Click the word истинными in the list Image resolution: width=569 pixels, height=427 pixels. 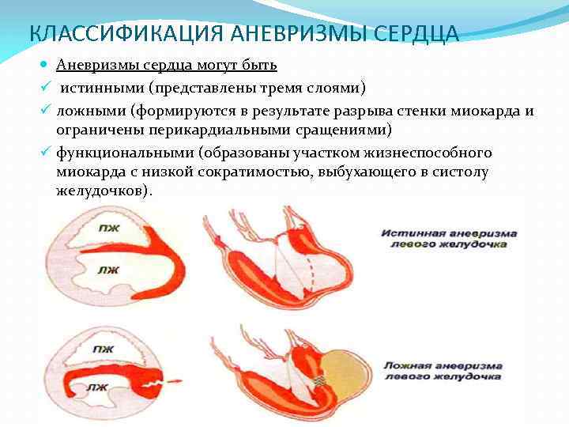104,87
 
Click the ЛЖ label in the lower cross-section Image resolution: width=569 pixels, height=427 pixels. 98,387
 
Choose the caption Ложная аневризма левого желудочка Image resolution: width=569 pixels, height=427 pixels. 443,372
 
